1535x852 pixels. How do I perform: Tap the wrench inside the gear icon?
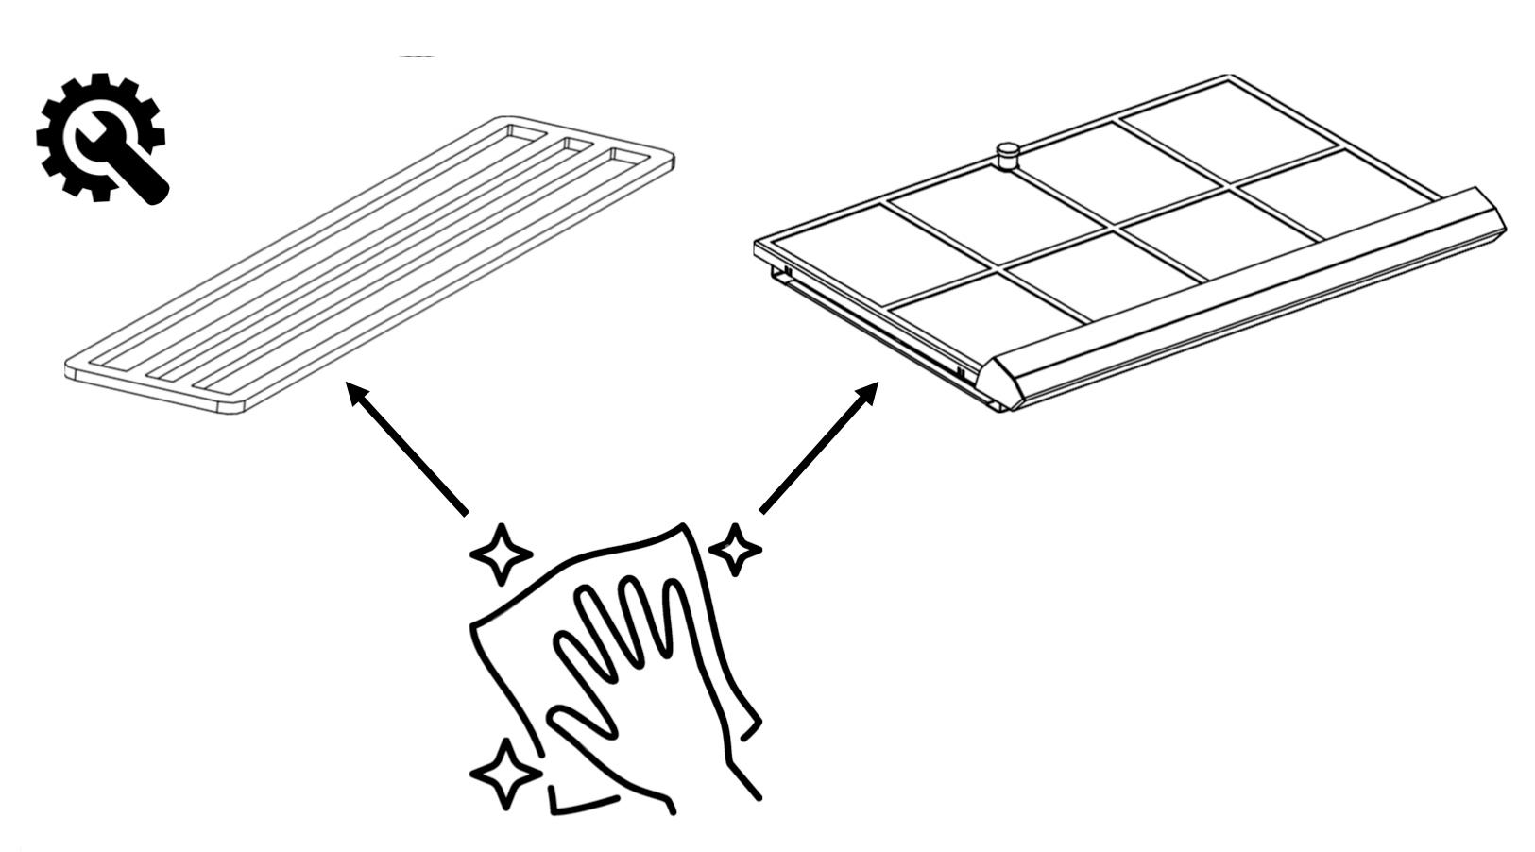click(123, 161)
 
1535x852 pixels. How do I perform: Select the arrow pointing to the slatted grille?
click(407, 448)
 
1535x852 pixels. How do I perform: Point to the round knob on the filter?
click(1008, 154)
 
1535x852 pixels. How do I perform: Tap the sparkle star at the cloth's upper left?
click(501, 553)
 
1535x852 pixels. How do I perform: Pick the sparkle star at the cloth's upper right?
click(735, 548)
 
